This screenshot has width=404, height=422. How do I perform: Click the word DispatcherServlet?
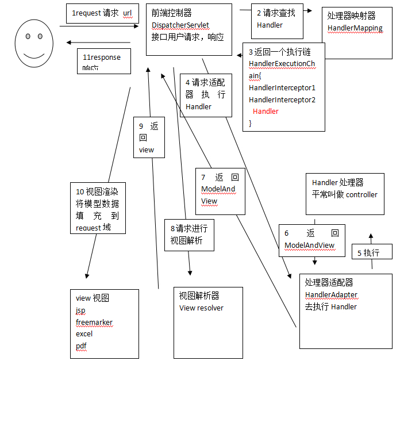[180, 25]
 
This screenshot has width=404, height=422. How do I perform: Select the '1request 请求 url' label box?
[102, 13]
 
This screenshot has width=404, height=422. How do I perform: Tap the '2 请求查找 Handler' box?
[277, 20]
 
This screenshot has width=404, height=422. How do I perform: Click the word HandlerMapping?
[355, 28]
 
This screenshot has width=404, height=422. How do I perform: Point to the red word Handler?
[266, 112]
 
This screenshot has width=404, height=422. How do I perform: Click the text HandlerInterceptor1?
[282, 88]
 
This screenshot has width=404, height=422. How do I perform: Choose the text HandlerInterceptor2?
[282, 100]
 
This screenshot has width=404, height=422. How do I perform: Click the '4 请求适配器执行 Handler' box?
[205, 95]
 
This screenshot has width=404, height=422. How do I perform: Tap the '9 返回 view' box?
[149, 138]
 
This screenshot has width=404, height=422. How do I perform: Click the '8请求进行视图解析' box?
[189, 235]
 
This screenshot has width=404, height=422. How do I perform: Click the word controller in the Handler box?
[361, 195]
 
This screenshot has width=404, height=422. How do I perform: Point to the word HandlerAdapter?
[331, 295]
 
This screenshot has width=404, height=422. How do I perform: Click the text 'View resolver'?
[201, 308]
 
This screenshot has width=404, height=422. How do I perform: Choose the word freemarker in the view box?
[94, 323]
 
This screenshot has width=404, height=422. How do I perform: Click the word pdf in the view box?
[81, 346]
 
